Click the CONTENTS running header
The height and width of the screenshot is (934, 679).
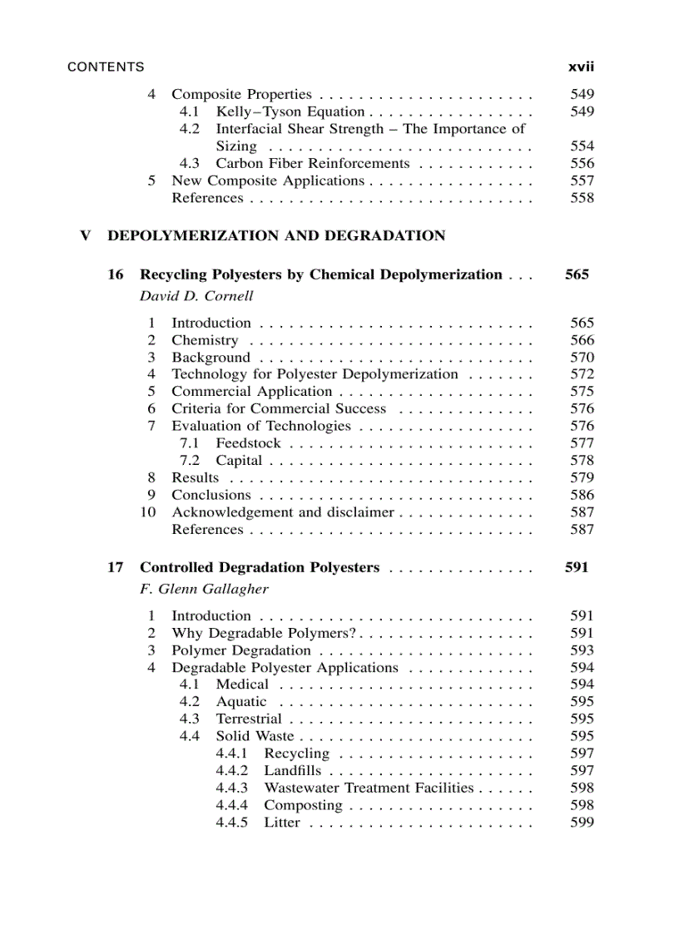click(105, 67)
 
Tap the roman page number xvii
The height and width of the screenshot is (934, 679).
click(580, 67)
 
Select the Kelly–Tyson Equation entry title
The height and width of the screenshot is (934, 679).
click(290, 111)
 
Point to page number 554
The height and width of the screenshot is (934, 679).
click(582, 146)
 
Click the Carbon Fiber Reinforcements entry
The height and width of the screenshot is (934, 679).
click(312, 164)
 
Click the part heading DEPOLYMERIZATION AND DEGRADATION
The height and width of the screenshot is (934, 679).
click(276, 236)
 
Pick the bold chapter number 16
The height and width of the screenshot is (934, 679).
click(116, 274)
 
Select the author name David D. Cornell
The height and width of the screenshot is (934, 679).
click(196, 296)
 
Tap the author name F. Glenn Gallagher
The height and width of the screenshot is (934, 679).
click(204, 589)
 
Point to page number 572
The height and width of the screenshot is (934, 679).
click(582, 374)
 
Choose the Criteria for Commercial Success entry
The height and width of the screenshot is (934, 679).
click(279, 409)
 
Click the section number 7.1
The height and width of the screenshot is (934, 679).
click(190, 443)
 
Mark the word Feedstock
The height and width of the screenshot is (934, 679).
click(248, 443)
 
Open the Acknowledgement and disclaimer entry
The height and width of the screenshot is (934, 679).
click(282, 512)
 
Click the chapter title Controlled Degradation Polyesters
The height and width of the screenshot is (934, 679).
click(260, 567)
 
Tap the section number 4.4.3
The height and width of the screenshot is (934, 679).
click(232, 788)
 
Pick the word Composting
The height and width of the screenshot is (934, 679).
click(303, 805)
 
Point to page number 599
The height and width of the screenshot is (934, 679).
click(582, 823)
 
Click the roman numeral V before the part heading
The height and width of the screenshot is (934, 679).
click(85, 236)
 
